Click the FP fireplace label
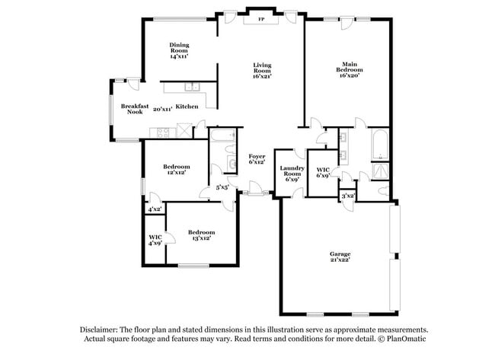261,18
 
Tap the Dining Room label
179,50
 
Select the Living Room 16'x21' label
263,70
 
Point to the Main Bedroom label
350,69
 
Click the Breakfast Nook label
135,109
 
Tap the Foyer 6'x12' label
257,159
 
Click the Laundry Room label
292,172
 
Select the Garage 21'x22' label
340,256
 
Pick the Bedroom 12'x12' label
177,169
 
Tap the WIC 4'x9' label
155,241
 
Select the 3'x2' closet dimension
348,196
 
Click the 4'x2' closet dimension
155,209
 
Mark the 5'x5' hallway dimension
222,186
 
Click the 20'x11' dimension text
163,109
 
